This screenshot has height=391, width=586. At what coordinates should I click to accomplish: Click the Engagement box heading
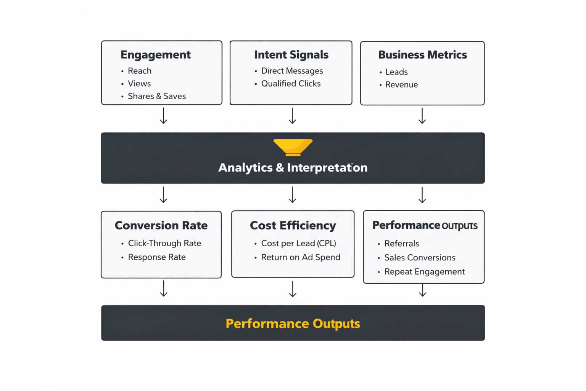pos(155,55)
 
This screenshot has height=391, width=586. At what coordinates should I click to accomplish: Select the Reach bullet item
pos(139,71)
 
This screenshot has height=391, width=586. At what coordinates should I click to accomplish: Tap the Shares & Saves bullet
pos(156,96)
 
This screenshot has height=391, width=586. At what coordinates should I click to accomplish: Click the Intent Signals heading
pos(291,55)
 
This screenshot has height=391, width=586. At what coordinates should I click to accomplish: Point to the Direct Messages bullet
pos(292,71)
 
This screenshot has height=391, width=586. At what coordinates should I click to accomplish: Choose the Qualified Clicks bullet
pos(291,84)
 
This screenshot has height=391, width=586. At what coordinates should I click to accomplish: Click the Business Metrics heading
pos(422,55)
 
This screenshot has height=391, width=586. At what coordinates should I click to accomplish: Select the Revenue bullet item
pos(401,85)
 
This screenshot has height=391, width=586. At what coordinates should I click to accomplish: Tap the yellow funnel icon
pos(293,147)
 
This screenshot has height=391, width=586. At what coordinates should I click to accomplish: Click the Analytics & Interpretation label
pos(293,168)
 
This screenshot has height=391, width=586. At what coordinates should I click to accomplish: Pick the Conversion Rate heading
pos(161,226)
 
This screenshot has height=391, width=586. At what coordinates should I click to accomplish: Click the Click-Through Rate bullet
pos(164,243)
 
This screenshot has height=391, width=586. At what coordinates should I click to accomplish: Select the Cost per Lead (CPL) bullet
pos(298,243)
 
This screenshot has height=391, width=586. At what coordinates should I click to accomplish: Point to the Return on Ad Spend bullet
pos(300,257)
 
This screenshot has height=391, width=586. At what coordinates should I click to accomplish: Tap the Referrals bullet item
pos(401,244)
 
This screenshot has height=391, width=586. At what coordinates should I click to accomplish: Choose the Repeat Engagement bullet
pos(424,272)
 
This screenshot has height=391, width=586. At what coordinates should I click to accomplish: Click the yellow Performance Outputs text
pos(293,324)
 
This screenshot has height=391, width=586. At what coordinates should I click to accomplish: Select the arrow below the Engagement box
pos(163,116)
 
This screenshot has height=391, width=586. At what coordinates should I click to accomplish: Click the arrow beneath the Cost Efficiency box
pos(293,289)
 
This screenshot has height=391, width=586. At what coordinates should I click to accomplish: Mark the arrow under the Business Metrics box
pos(422,116)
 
